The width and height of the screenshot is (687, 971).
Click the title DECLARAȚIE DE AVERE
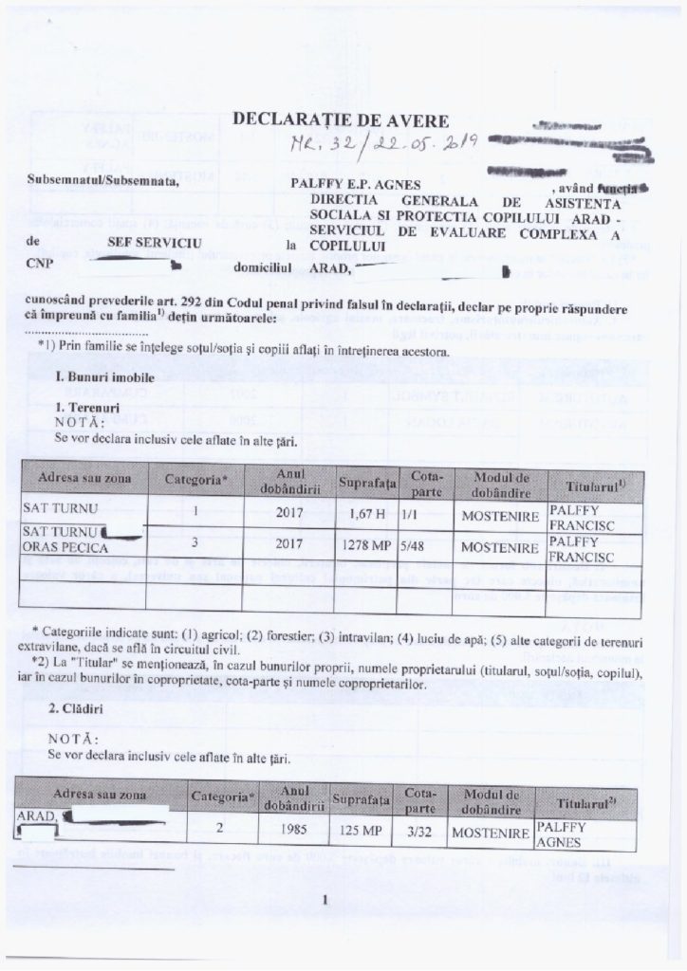point(354,120)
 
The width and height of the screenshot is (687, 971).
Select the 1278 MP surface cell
point(365,547)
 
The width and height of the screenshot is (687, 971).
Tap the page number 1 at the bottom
point(325,900)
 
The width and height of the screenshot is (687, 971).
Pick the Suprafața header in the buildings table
point(362,800)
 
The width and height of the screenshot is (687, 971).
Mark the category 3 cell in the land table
point(195,547)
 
